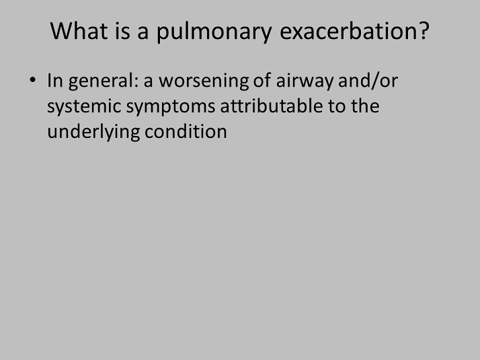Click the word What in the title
[79, 31]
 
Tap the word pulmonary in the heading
[214, 32]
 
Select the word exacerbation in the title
[350, 31]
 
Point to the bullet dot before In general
[32, 80]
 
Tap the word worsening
[204, 81]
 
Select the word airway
[305, 81]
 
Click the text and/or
[368, 81]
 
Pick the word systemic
[85, 107]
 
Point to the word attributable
[272, 106]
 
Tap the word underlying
[93, 133]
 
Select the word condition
[186, 131]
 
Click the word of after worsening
[262, 81]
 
